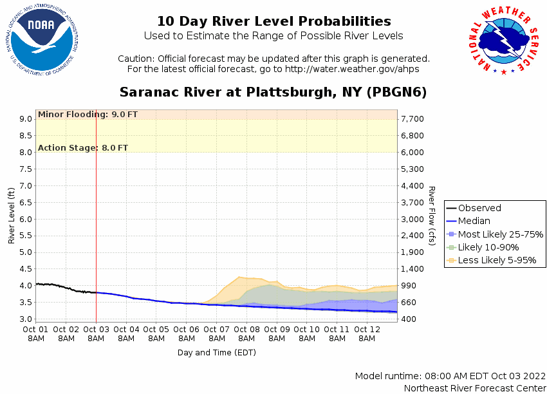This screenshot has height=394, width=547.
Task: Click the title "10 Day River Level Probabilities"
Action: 273,21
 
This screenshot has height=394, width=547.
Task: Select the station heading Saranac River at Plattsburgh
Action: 273,92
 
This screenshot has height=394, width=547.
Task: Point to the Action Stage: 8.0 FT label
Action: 83,148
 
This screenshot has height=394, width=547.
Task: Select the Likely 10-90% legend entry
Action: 488,247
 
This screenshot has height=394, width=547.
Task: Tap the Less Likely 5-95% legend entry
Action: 496,261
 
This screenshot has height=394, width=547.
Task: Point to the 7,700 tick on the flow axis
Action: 411,119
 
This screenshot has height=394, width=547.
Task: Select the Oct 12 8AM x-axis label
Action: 367,334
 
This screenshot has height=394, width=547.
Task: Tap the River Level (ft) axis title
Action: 12,216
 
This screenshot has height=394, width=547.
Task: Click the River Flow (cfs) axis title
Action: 432,216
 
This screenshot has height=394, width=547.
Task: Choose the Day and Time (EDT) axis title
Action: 217,352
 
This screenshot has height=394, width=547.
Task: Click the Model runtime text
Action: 450,376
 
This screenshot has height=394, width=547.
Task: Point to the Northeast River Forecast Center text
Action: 474,388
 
